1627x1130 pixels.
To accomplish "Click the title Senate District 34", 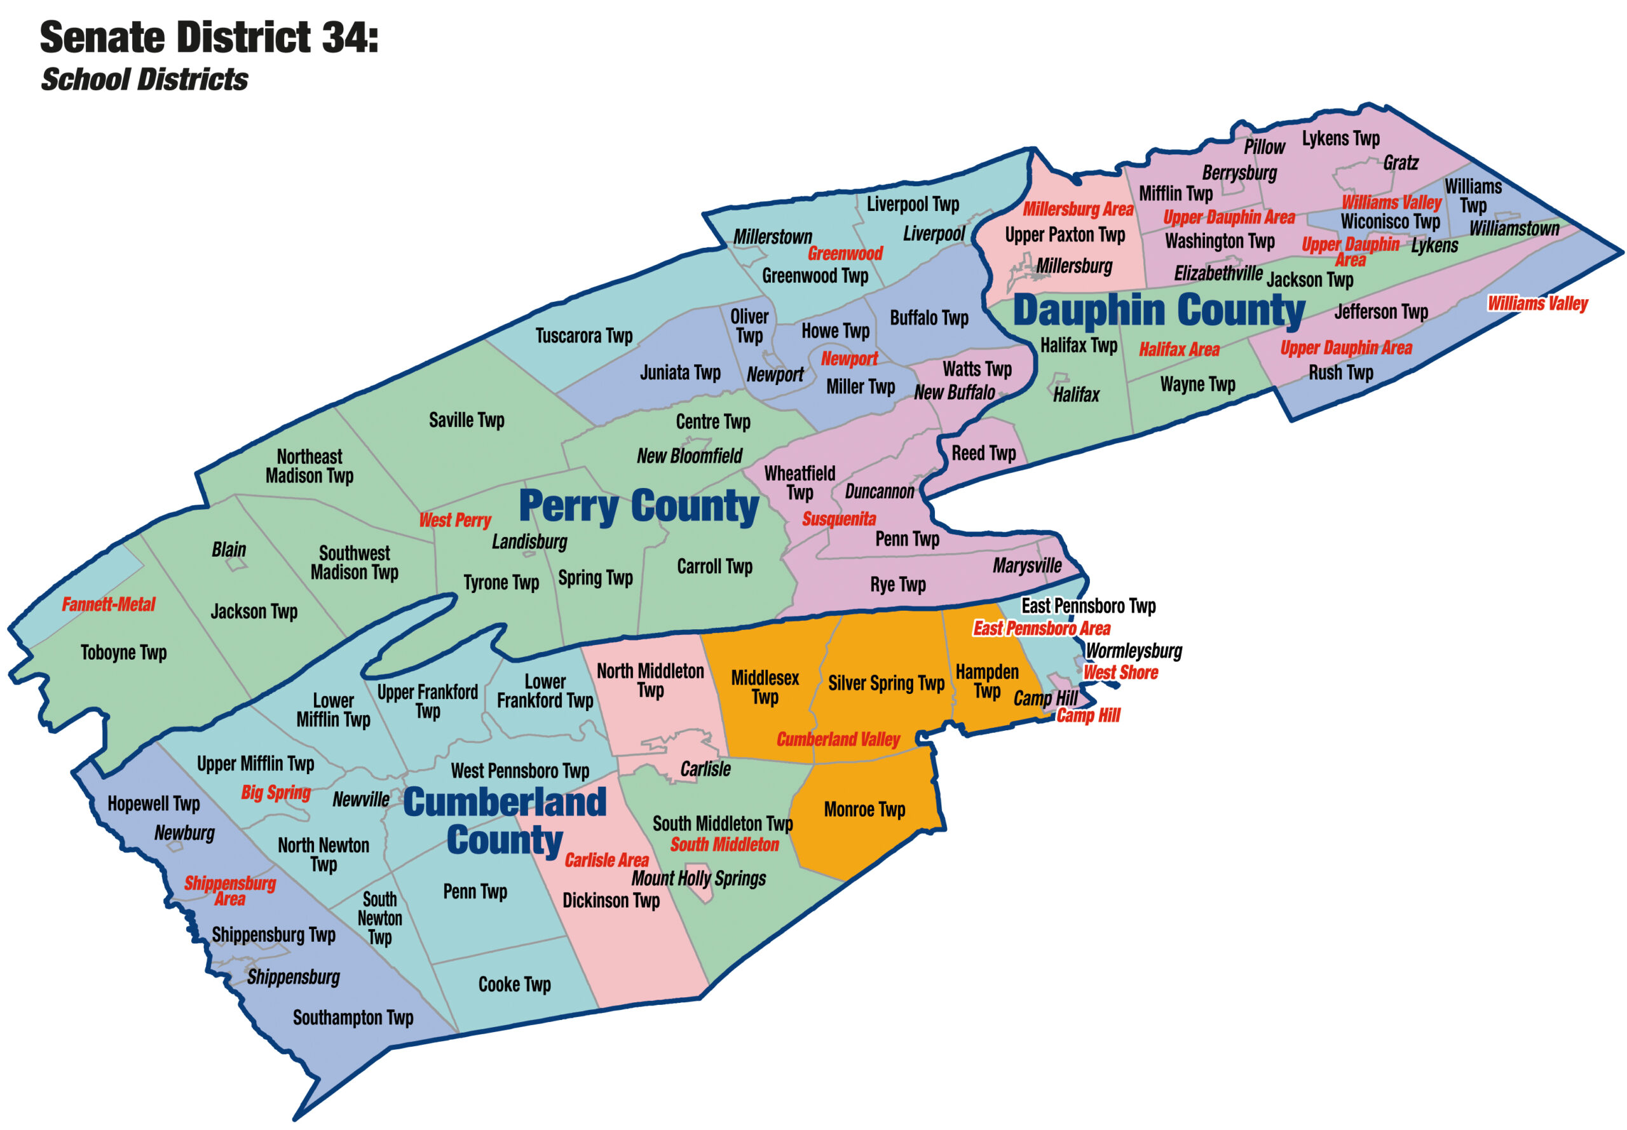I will [x=209, y=37].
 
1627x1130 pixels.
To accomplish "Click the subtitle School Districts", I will [x=144, y=79].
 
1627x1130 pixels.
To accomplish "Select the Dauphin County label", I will [x=1159, y=310].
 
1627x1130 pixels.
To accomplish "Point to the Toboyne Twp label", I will [x=123, y=652].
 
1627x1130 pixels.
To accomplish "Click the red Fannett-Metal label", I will [x=108, y=604].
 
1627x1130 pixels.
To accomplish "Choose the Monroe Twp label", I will [x=864, y=809].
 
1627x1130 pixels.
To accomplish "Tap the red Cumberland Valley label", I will [x=838, y=739].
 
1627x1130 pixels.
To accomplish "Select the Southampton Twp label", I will [x=353, y=1018].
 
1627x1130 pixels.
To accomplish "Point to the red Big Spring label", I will [x=275, y=793].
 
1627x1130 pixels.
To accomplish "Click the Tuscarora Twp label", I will [x=583, y=336].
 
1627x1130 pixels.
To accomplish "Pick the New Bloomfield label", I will [x=689, y=456].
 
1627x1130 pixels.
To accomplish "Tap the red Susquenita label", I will [x=838, y=519].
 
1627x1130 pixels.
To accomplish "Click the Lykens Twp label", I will [x=1340, y=138].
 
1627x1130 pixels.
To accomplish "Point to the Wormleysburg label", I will [x=1134, y=651].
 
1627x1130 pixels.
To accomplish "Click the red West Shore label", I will [x=1120, y=672].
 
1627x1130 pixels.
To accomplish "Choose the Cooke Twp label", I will [x=514, y=984].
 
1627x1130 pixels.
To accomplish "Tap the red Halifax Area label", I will [x=1178, y=349].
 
